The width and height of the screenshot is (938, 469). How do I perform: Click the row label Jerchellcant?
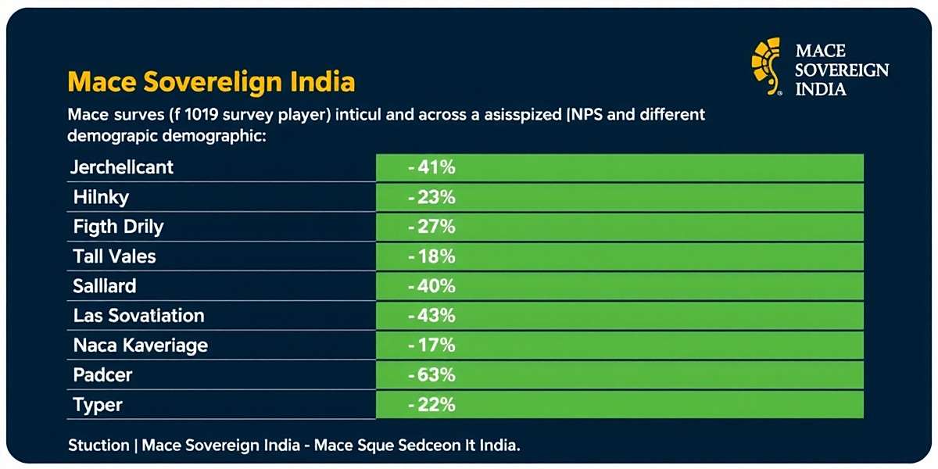click(x=122, y=167)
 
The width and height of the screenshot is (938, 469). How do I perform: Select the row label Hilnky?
click(x=101, y=197)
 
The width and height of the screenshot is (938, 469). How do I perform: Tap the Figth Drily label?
click(x=118, y=227)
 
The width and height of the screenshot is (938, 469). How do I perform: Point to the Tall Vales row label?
click(x=114, y=256)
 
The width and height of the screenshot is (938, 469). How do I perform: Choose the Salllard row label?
click(x=105, y=286)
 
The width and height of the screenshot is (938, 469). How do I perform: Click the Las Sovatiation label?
click(x=138, y=316)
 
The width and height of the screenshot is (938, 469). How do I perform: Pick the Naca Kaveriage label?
click(x=141, y=345)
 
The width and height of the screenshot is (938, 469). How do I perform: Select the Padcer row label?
click(x=102, y=375)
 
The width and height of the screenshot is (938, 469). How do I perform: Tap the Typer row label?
click(x=98, y=405)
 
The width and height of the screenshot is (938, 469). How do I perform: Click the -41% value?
click(x=431, y=167)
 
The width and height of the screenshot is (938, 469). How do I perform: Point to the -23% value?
click(x=431, y=197)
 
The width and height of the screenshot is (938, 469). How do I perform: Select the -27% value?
click(x=431, y=227)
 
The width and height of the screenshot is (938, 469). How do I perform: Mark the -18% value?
click(x=431, y=256)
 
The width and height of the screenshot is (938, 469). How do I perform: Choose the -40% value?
click(x=431, y=286)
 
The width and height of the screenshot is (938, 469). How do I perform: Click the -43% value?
click(x=431, y=316)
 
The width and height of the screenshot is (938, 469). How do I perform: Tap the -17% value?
click(x=431, y=345)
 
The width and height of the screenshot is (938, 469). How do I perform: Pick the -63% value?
click(x=431, y=375)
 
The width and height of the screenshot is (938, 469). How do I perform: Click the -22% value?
click(x=431, y=405)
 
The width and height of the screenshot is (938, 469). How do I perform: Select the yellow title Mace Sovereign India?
click(x=211, y=81)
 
